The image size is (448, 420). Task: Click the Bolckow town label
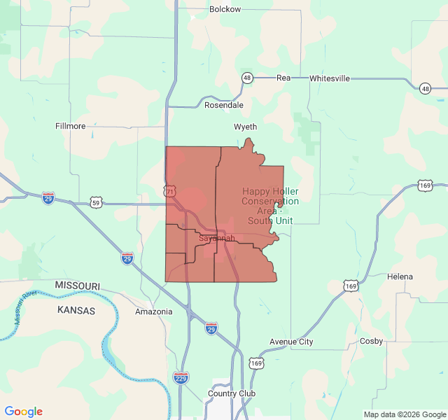coord(225,9)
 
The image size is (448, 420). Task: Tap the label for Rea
coord(283,78)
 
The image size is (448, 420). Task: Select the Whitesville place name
coord(329,78)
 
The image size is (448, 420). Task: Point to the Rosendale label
coord(224,105)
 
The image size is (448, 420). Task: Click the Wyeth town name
coord(245,127)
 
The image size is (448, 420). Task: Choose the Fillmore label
coord(70,126)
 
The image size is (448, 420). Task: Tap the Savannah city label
coord(216,238)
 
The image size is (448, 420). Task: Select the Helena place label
coord(400,276)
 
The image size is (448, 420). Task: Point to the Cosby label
coord(371,341)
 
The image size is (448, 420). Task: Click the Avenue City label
coord(291,342)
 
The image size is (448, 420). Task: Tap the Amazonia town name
coord(153,311)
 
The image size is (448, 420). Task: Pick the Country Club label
coord(232,393)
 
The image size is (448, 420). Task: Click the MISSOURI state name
coord(77,286)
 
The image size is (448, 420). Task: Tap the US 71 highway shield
coord(170,190)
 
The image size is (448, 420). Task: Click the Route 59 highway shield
coord(96,203)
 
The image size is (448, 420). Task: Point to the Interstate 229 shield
coord(181,377)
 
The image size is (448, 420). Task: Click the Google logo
coord(24,412)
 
